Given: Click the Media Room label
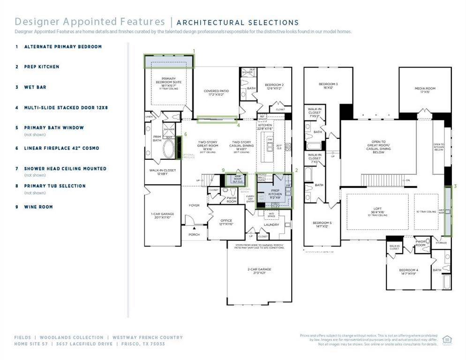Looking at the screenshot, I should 425,90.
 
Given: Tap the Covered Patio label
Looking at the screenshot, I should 216,93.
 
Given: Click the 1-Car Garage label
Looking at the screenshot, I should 163,216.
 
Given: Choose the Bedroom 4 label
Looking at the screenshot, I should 408,271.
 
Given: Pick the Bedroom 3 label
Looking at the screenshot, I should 328,85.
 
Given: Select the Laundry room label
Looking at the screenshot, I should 271,225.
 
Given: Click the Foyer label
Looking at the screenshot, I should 194,205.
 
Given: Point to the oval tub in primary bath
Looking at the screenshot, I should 168,149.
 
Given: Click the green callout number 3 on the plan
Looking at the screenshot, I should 455,187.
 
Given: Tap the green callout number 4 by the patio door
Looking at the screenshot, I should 238,125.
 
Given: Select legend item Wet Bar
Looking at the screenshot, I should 35,87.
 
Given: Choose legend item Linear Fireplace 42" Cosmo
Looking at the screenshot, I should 61,148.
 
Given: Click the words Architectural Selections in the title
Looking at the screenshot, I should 237,22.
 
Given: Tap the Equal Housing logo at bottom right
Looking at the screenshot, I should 447,340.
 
